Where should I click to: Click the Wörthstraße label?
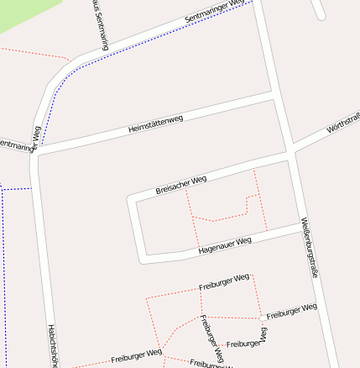[342, 126]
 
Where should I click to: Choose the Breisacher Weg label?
[180, 185]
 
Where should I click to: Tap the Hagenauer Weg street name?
[224, 244]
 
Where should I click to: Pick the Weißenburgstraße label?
[309, 243]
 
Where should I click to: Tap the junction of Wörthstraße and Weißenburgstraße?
[290, 152]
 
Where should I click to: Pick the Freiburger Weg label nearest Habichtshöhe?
[136, 356]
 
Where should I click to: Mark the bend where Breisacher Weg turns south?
[131, 200]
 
